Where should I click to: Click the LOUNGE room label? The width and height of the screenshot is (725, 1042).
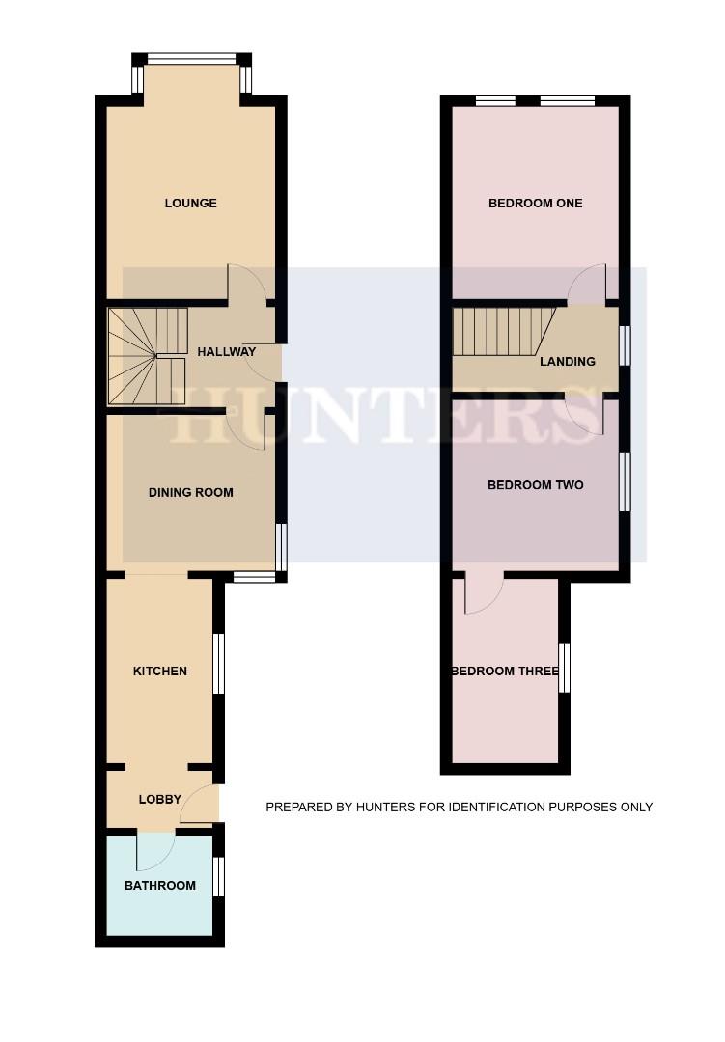click(190, 204)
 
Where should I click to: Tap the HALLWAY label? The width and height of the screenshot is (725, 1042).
click(227, 352)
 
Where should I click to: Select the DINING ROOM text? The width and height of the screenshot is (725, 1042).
click(190, 493)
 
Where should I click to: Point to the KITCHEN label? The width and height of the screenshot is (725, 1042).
click(160, 672)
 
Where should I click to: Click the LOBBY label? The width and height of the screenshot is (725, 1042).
click(160, 800)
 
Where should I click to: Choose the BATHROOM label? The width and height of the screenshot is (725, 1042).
click(160, 886)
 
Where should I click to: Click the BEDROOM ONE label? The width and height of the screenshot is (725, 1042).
click(535, 204)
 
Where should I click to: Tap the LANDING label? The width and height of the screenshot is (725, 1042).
click(567, 362)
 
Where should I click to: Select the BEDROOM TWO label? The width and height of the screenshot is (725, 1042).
click(535, 485)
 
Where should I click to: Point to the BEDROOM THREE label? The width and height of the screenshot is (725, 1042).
click(505, 672)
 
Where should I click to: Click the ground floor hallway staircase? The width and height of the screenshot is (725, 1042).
click(146, 355)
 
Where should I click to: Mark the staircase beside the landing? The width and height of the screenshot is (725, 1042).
click(501, 332)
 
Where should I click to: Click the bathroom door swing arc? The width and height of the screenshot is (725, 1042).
click(154, 849)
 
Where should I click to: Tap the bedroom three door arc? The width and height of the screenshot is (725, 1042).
click(483, 594)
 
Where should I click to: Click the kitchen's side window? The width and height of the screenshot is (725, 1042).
click(219, 664)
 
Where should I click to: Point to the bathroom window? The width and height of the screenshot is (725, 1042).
click(219, 877)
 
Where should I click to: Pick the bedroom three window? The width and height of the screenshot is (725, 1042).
click(565, 668)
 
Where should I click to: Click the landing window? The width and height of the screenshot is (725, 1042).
click(625, 346)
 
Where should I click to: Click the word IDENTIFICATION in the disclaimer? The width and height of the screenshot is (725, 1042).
click(479, 808)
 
